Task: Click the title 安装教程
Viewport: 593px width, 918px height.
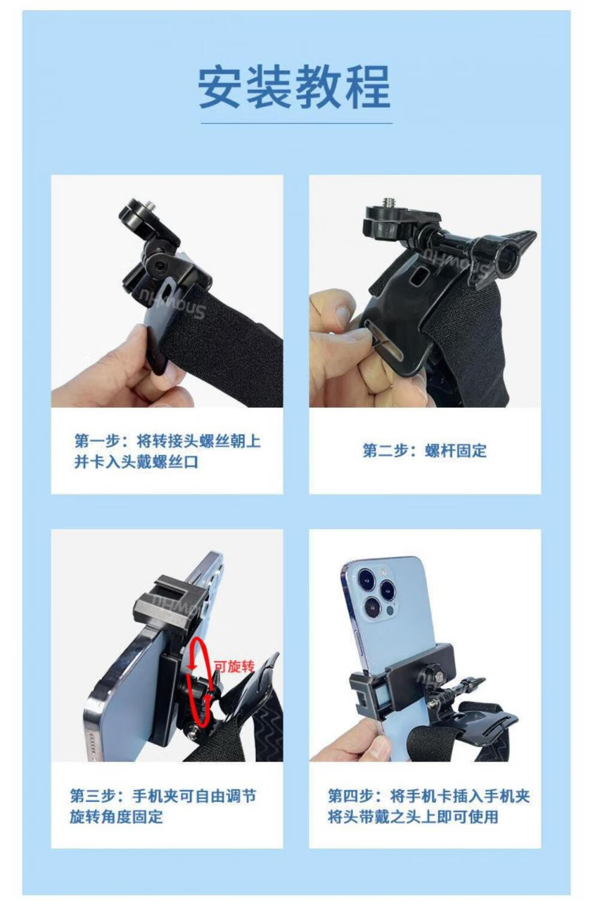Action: pos(294,87)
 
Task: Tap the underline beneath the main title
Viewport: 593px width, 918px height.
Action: pos(296,123)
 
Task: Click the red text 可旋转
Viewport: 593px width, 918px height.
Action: pos(234,667)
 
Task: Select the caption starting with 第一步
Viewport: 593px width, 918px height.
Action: pos(167,451)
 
